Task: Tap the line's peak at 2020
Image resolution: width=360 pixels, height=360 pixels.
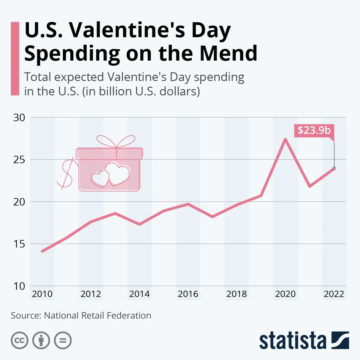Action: point(285,139)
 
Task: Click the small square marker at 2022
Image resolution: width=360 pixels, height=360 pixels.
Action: point(334,168)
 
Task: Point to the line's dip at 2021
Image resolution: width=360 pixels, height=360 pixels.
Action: point(310,187)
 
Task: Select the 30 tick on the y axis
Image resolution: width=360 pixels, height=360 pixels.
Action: point(19,118)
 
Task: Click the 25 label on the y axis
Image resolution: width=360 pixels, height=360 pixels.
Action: point(19,160)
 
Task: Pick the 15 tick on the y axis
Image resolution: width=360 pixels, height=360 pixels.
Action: point(19,244)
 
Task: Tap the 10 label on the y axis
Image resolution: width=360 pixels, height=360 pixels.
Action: point(19,286)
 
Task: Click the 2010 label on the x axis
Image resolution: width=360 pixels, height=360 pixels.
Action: point(42,294)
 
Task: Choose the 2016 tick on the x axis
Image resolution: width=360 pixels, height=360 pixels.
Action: point(188,294)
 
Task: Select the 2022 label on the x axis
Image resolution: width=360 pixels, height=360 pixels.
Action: point(334,294)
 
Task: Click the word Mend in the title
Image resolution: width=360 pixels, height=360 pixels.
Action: point(229,53)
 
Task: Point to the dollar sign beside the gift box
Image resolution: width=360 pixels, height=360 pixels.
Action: point(66,173)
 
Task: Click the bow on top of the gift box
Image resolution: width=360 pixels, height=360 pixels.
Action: point(116,141)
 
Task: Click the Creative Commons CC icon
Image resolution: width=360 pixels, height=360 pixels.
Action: point(19,340)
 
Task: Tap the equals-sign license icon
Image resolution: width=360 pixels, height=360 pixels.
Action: point(63,340)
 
